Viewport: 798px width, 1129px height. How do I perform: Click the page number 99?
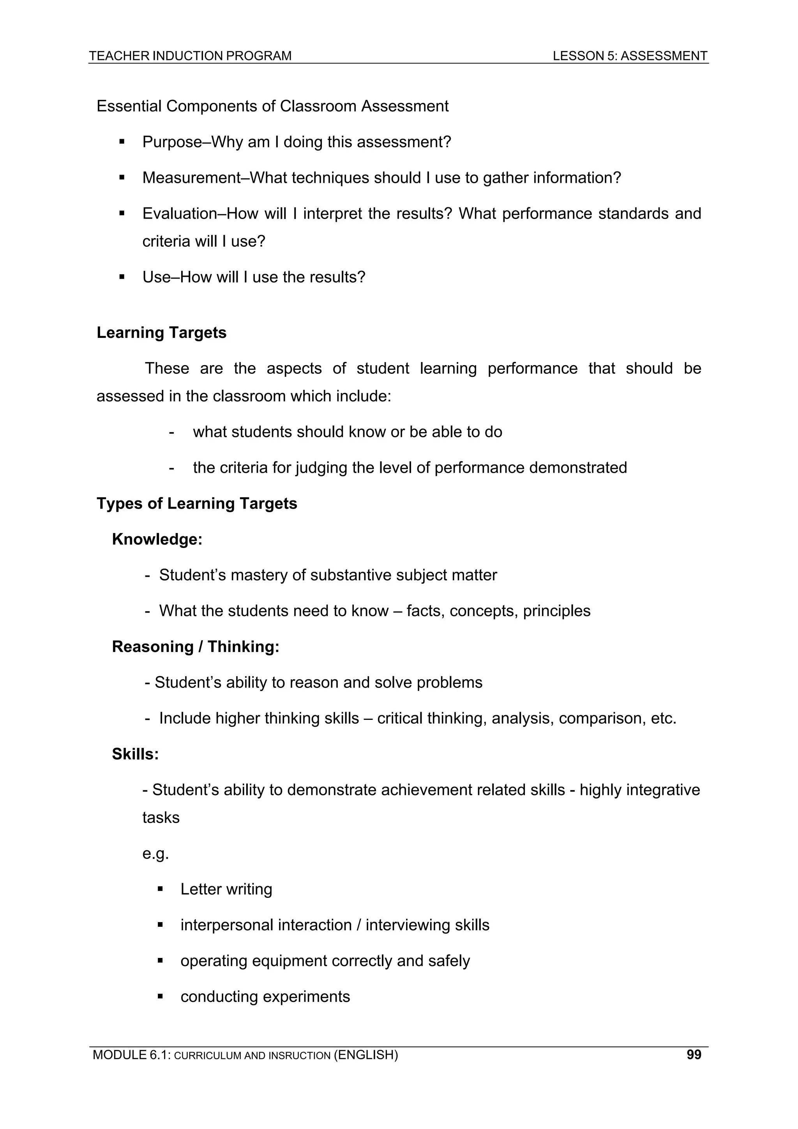[x=693, y=1054]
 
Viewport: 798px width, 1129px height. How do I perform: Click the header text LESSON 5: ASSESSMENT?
[x=630, y=56]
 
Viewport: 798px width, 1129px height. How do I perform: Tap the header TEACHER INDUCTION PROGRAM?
[x=190, y=56]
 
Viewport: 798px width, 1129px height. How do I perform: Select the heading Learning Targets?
[x=161, y=333]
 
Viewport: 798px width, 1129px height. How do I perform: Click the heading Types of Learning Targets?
[x=197, y=504]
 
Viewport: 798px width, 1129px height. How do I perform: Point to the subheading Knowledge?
[x=157, y=539]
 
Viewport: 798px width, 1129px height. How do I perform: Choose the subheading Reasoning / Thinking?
[x=195, y=647]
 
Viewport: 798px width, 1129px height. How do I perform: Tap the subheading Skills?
[x=135, y=754]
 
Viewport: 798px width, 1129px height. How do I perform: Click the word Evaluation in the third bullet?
[x=180, y=214]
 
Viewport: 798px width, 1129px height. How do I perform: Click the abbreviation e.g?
[x=155, y=853]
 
